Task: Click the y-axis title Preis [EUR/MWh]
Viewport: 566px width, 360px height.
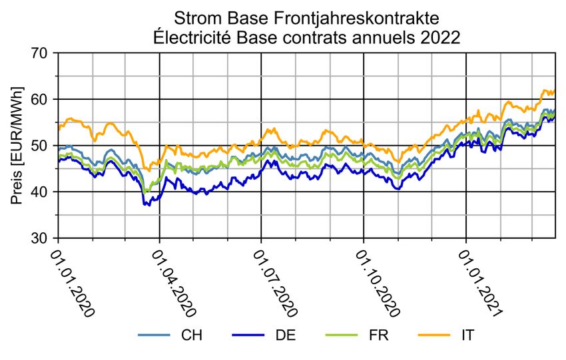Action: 17,145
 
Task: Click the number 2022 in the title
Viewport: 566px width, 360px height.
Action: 436,38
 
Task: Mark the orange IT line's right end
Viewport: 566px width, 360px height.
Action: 555,91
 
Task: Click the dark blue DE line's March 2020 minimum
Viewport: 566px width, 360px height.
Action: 148,206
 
